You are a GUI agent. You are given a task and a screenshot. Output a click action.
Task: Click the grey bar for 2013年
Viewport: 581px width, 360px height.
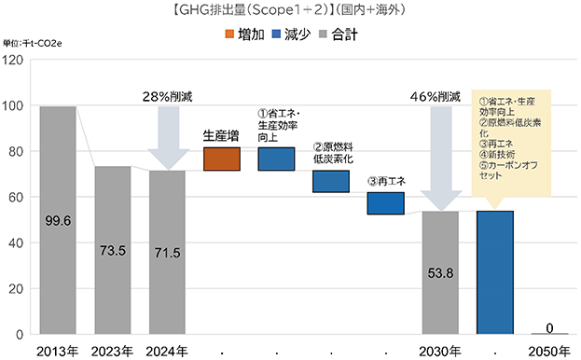58,220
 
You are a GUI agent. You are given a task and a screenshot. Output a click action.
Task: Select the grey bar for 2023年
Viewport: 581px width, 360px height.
113,250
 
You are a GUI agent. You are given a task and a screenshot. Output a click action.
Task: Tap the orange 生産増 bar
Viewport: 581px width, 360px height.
222,159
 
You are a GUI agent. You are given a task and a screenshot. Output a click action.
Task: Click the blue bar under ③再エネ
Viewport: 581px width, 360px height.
386,203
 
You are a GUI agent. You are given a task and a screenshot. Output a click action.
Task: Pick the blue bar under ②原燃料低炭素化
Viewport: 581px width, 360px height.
331,182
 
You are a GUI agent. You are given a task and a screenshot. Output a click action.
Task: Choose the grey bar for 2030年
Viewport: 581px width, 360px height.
440,272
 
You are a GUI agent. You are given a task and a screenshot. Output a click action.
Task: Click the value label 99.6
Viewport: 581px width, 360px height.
58,221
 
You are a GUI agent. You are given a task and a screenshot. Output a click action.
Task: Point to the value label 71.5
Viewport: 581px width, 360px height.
168,253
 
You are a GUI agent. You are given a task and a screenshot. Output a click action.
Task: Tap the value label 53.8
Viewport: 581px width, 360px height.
440,273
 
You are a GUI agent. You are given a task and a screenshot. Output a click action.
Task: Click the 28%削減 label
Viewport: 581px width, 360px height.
168,97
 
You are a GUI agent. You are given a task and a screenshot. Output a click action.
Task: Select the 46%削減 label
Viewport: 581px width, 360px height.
435,97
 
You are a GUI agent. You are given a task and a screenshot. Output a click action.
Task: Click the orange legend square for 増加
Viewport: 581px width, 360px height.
229,35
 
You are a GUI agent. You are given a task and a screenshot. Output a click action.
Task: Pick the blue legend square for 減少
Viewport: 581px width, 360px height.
276,35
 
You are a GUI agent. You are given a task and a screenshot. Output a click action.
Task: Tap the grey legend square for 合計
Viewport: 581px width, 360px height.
323,35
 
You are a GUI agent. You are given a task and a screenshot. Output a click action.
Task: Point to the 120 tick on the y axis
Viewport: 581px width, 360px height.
13,60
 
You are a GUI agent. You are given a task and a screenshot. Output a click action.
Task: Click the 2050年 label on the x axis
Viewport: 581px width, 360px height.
549,352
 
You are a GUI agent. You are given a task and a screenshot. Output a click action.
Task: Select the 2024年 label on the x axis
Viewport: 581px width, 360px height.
167,352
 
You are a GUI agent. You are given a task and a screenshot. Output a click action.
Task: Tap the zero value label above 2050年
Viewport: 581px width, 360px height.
549,327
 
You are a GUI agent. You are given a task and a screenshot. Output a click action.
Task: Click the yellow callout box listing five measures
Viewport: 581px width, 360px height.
511,143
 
